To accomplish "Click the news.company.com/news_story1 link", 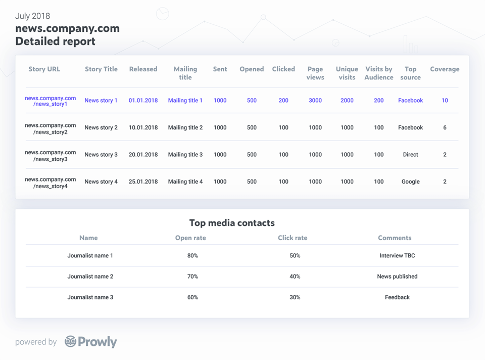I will click(x=51, y=101).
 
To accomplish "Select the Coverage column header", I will click(x=445, y=69).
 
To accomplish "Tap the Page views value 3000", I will click(x=315, y=101).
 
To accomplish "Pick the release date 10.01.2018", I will click(x=143, y=128).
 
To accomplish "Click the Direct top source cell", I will click(x=410, y=155).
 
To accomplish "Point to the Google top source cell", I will click(x=410, y=182).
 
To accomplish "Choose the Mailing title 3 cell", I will click(x=185, y=155).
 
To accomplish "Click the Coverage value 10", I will click(x=445, y=101).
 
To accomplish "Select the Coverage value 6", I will click(x=445, y=128).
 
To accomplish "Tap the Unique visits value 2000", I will click(x=347, y=101).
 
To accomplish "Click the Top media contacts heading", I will click(x=232, y=223).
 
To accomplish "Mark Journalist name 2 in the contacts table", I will click(x=90, y=277).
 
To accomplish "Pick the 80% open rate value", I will click(x=192, y=256).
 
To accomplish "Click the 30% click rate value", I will click(x=295, y=297).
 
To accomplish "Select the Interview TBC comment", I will click(x=397, y=256).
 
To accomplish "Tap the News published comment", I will click(x=397, y=277).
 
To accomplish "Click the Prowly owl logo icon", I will click(x=70, y=342).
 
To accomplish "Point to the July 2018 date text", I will click(x=32, y=16).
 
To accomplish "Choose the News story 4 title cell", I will click(x=101, y=182).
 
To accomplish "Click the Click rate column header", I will click(x=293, y=238).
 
